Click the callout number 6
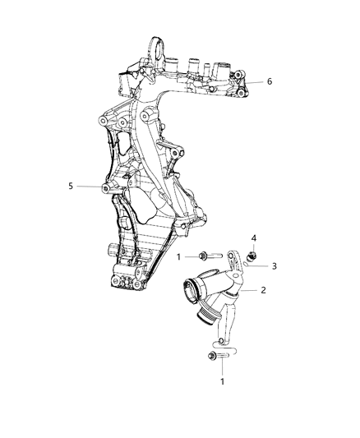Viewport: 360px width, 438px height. pyautogui.click(x=268, y=81)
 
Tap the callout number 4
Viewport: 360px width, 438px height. pyautogui.click(x=254, y=238)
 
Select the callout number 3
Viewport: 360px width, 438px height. pyautogui.click(x=275, y=266)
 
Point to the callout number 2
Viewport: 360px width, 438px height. pyautogui.click(x=264, y=290)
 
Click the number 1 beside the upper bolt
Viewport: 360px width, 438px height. pyautogui.click(x=178, y=257)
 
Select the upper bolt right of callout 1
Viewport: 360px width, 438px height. pyautogui.click(x=206, y=257)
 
